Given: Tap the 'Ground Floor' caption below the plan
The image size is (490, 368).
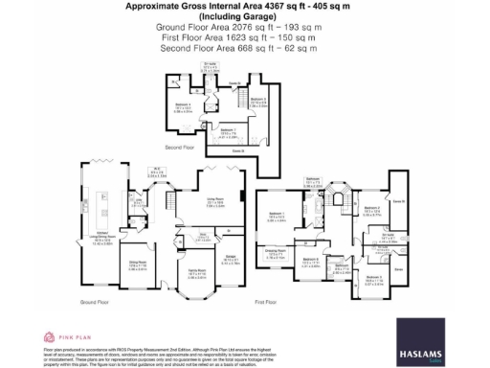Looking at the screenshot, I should (x=92, y=302).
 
